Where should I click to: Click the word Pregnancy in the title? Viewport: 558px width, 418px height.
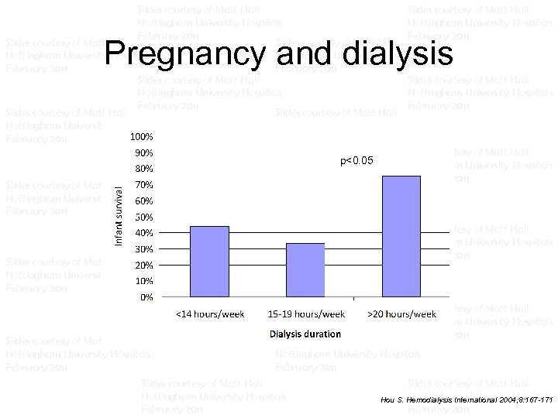coord(184,53)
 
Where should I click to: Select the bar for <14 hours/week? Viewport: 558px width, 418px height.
coord(209,261)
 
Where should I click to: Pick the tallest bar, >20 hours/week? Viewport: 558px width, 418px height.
coord(401,236)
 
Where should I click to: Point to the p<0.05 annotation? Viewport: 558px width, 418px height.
coord(356,161)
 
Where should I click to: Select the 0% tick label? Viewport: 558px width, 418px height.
coord(145,296)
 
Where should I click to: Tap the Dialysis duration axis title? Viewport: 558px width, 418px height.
coord(305,334)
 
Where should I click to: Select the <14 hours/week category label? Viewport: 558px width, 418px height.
coord(210,314)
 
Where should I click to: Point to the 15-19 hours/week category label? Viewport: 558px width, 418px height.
coord(305,314)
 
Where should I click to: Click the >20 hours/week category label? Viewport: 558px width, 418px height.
coord(401,314)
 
